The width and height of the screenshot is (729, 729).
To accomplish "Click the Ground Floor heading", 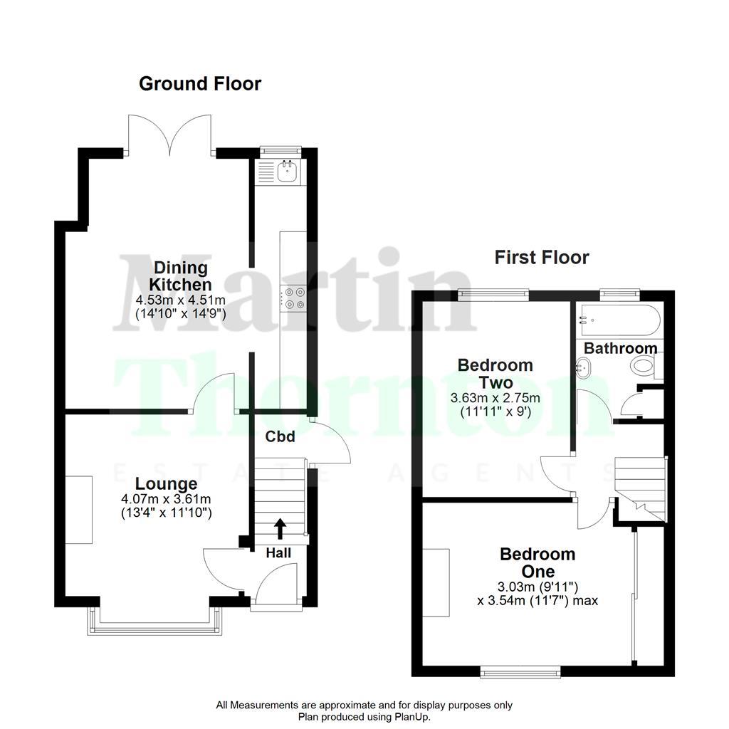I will [x=200, y=84].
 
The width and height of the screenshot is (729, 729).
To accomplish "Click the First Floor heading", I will [x=542, y=257].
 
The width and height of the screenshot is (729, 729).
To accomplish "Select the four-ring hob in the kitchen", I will [x=294, y=298].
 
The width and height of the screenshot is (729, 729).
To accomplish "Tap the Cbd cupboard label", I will [x=280, y=436].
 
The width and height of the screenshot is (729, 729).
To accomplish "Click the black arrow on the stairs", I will [x=279, y=528].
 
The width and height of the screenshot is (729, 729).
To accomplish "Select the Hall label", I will [x=278, y=552].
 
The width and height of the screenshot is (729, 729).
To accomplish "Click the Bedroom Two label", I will [x=495, y=374].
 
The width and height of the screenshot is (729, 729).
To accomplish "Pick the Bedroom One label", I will [x=537, y=562].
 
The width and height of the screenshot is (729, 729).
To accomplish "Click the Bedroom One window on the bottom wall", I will [x=520, y=671].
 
